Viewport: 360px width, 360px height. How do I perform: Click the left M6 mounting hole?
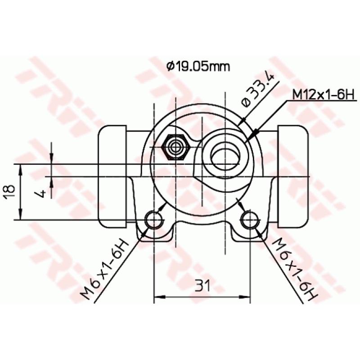pyautogui.click(x=154, y=220)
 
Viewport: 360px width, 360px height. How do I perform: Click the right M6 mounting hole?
pyautogui.click(x=250, y=220)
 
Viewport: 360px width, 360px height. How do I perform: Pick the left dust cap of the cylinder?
pyautogui.click(x=112, y=175)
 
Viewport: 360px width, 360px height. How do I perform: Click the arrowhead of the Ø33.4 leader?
pyautogui.click(x=242, y=121)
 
